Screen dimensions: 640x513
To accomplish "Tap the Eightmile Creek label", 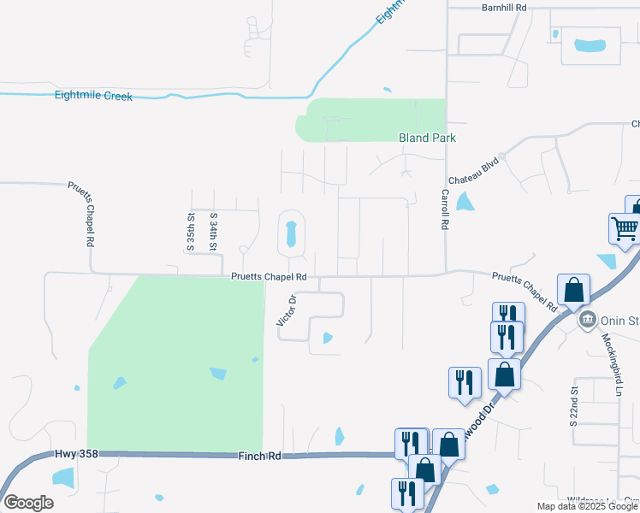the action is (x=93, y=97).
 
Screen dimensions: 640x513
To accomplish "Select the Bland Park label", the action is (x=427, y=138).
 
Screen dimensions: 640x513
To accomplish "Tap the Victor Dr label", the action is (x=286, y=310).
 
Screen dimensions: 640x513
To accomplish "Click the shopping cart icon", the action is (x=625, y=228).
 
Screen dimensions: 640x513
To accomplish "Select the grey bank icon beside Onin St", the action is (x=587, y=321).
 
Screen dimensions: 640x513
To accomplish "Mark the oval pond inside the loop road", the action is (x=291, y=233).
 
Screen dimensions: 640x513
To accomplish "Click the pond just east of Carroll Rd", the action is (x=465, y=202).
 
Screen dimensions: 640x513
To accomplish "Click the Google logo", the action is (x=28, y=502).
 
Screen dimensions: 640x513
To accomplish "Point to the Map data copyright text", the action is (x=588, y=506).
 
